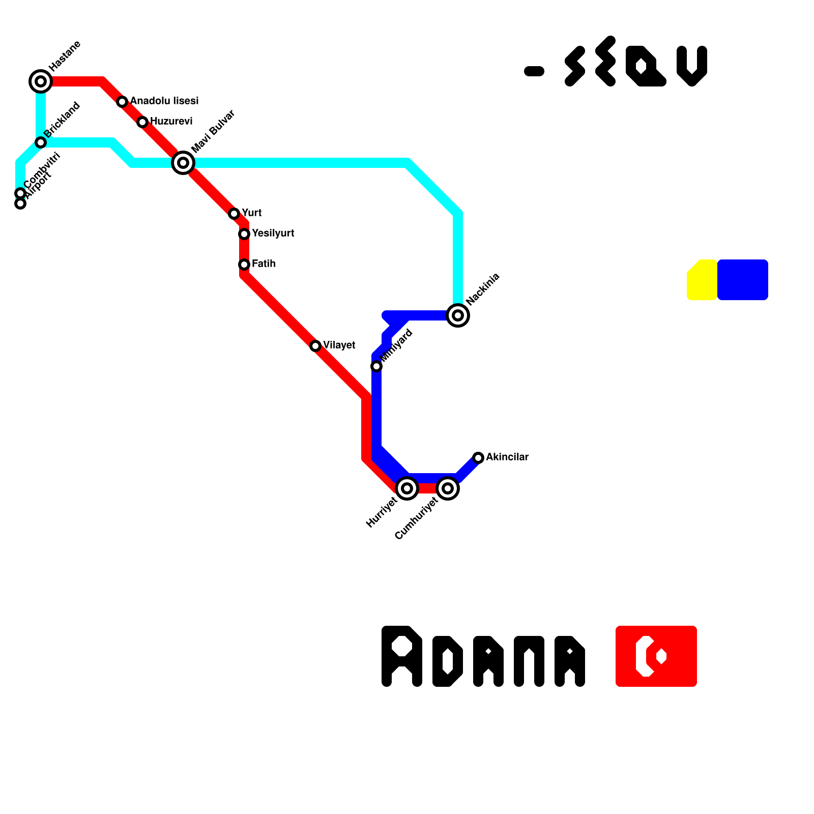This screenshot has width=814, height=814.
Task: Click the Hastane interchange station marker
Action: (41, 81)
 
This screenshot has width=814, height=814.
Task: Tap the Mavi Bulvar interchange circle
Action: (183, 163)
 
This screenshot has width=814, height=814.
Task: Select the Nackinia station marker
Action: (458, 315)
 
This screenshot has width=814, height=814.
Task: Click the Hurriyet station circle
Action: (407, 488)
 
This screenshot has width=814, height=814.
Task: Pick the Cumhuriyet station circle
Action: (448, 488)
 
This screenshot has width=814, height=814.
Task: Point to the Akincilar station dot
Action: (478, 458)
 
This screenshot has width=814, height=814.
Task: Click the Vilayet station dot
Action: (315, 346)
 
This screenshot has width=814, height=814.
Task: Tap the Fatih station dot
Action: (244, 265)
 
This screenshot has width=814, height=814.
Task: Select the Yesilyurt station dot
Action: (244, 234)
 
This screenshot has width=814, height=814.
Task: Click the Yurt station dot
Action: (234, 214)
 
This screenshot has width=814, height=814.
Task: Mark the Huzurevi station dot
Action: (142, 122)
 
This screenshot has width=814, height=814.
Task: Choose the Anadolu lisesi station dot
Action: (122, 102)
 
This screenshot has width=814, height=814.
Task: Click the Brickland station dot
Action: (41, 142)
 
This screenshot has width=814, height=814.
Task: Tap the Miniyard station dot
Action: (376, 366)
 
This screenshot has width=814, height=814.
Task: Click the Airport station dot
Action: (20, 204)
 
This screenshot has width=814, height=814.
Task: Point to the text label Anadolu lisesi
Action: (164, 101)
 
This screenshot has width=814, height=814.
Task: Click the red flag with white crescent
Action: (656, 656)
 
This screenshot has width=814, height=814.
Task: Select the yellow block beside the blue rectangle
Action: (702, 280)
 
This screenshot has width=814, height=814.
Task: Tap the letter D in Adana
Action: (447, 661)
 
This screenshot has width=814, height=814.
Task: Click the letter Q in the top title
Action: (645, 66)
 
